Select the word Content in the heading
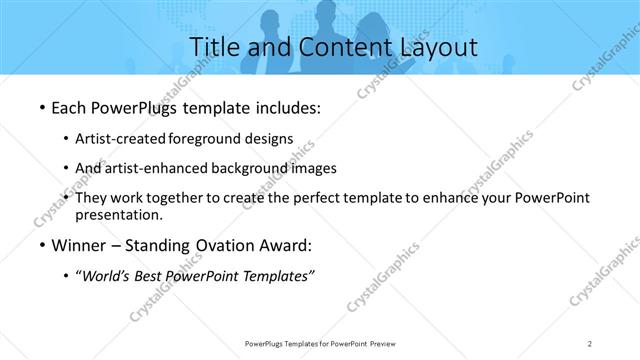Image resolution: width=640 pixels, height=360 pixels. click(x=328, y=47)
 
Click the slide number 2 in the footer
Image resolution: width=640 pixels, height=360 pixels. click(x=590, y=343)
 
